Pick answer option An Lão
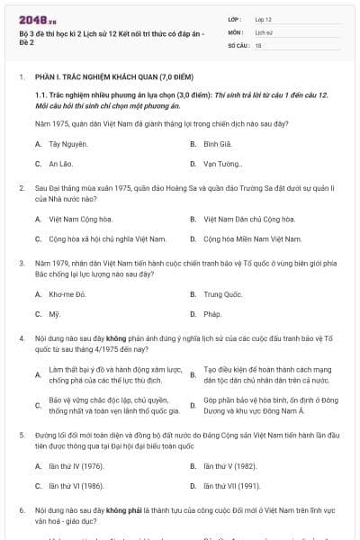click(x=60, y=164)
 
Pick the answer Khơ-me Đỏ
click(x=67, y=294)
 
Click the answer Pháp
click(x=212, y=314)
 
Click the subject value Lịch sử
click(x=264, y=31)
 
